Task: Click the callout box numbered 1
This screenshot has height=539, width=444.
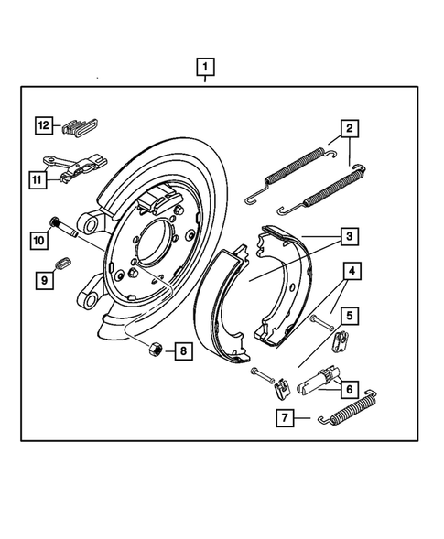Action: tap(206, 67)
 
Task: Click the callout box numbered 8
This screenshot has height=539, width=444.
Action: tap(183, 350)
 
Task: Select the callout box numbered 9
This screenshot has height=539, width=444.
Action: tap(43, 281)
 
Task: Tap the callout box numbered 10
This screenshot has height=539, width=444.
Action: tap(38, 241)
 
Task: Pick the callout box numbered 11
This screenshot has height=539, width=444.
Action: tap(38, 180)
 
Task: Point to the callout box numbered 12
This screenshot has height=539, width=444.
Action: tap(43, 126)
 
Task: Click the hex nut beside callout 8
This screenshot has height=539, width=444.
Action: tap(157, 349)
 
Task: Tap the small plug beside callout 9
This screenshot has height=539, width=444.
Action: tap(64, 265)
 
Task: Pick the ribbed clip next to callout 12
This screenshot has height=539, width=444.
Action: tap(82, 126)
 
